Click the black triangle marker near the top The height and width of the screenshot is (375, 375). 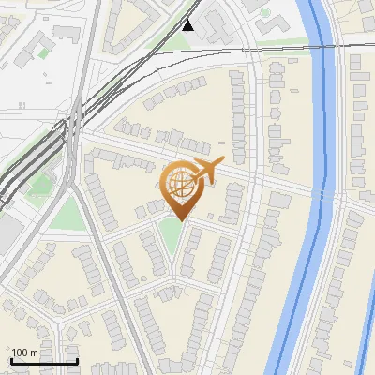189,25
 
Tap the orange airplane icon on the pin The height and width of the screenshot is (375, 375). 204,171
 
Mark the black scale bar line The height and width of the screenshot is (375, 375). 43,361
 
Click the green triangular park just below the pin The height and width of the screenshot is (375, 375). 171,239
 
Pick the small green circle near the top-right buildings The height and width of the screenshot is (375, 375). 265,13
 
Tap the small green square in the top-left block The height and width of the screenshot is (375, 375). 42,52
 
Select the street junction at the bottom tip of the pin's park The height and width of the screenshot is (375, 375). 173,279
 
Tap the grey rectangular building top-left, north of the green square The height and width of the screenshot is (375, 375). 66,33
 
